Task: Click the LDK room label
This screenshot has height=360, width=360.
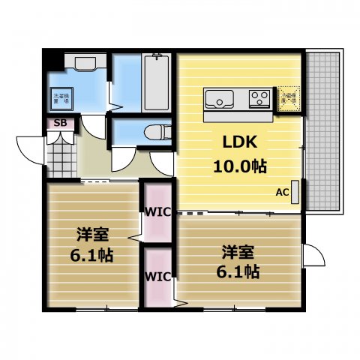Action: coord(238,141)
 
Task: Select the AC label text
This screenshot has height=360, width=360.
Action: coord(282,192)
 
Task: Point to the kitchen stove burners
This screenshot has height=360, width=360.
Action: coord(259,97)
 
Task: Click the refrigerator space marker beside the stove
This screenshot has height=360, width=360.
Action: coord(289,99)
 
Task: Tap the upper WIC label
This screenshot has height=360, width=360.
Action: coord(157,213)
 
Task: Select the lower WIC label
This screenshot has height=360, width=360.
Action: coord(157,275)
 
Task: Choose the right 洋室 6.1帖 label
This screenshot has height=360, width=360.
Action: coord(240,259)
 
